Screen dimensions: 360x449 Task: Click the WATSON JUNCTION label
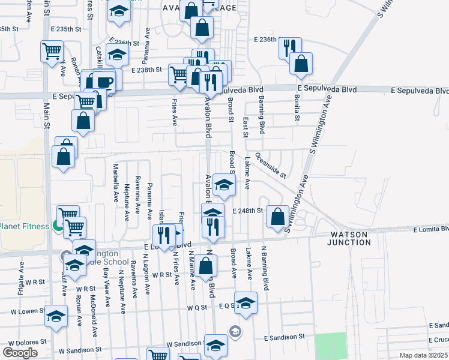[x=349, y=238]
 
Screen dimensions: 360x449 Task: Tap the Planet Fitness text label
[x=23, y=226]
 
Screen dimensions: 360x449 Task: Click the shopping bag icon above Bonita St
[x=301, y=63]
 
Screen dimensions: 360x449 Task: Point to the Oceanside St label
[x=271, y=164]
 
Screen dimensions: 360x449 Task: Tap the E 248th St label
[x=248, y=211]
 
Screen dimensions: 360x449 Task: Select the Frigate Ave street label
[x=22, y=275]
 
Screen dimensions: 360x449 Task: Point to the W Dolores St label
[x=23, y=341]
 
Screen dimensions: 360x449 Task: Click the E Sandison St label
[x=285, y=339]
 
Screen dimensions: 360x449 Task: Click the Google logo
[x=20, y=353]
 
